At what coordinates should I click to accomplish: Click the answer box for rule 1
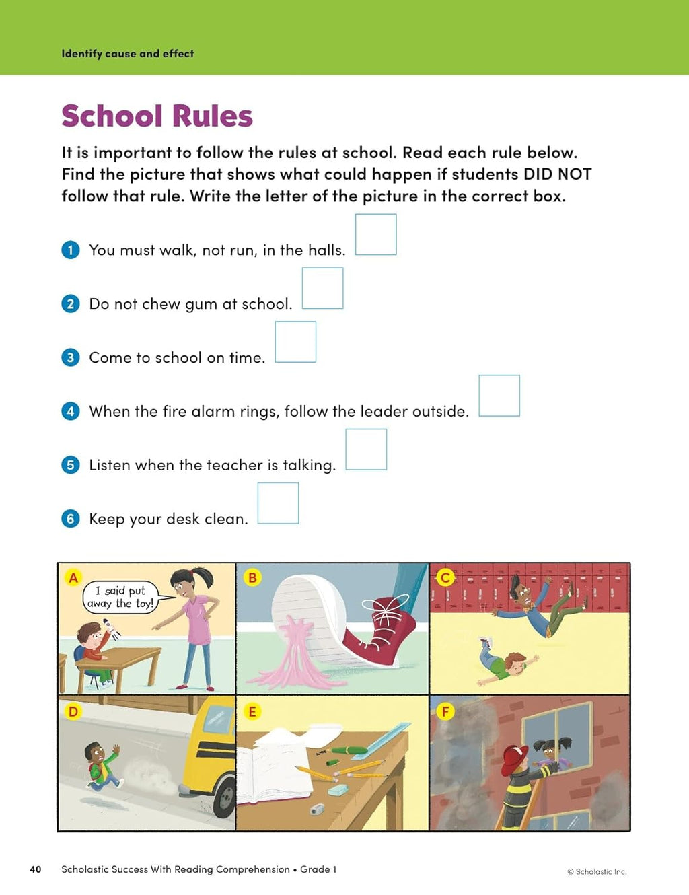click(375, 234)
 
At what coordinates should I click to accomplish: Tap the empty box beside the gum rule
click(322, 288)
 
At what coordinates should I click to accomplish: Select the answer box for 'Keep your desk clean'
click(278, 503)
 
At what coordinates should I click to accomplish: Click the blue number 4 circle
click(71, 411)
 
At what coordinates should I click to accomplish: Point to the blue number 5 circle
click(71, 465)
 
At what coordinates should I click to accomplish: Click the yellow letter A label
click(73, 577)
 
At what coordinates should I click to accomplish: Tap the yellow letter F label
click(445, 711)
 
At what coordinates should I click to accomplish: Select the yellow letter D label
click(73, 711)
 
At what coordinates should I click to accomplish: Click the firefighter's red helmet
click(517, 756)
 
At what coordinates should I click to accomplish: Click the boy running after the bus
click(103, 765)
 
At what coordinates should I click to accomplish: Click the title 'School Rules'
click(157, 116)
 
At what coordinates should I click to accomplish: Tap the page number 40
click(36, 869)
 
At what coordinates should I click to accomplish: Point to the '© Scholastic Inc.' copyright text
click(597, 871)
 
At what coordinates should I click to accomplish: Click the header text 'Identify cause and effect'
click(128, 54)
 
